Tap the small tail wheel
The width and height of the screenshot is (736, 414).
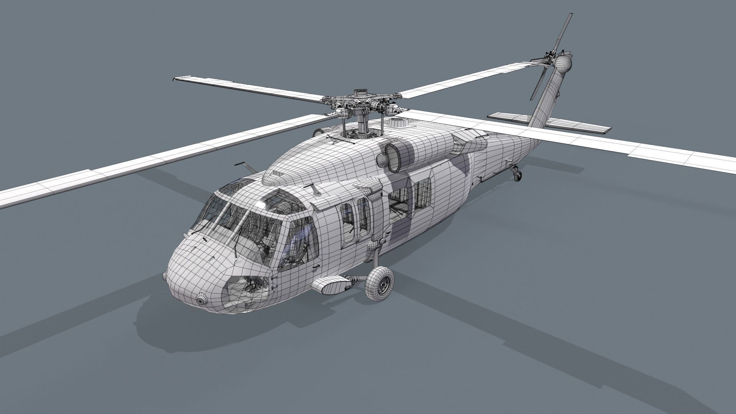pos(517,175)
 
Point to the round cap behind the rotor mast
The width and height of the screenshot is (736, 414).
pos(398,123)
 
